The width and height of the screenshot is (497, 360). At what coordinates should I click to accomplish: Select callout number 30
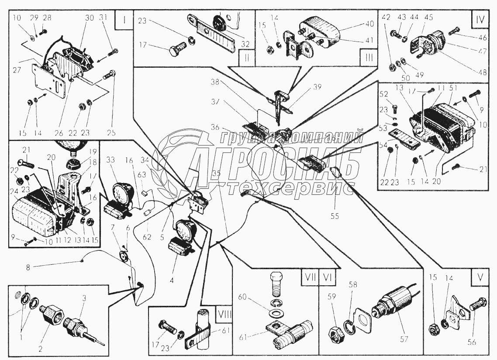click(90, 18)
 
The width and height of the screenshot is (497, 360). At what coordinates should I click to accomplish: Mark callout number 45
click(428, 17)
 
